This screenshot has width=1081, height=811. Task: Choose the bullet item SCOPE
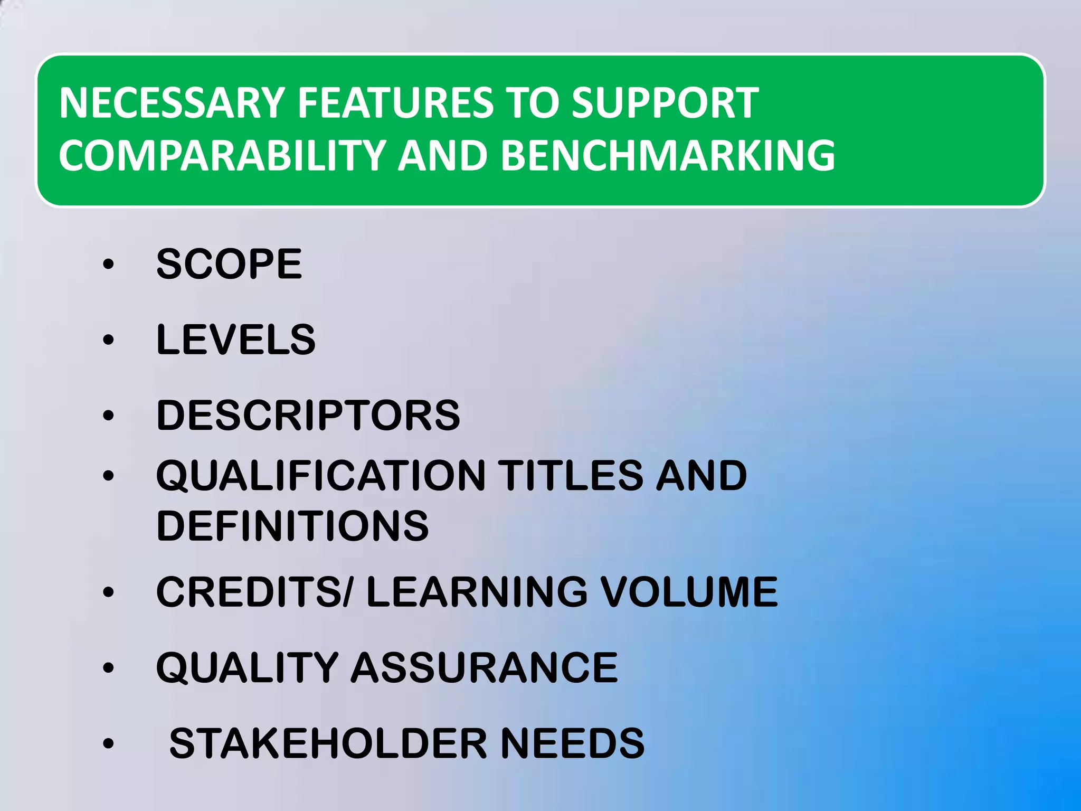pyautogui.click(x=229, y=264)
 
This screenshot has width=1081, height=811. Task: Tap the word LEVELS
pyautogui.click(x=236, y=339)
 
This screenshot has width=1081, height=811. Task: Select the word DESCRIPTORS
pyautogui.click(x=308, y=415)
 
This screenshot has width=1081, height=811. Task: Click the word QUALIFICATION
pyautogui.click(x=321, y=475)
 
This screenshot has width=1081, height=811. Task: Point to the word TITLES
pyautogui.click(x=571, y=475)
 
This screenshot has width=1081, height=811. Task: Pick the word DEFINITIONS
pyautogui.click(x=292, y=526)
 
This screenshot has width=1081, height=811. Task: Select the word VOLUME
pyautogui.click(x=689, y=592)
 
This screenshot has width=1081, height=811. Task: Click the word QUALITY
pyautogui.click(x=247, y=667)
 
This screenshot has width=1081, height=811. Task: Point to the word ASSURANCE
pyautogui.click(x=484, y=667)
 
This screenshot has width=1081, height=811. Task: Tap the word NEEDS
pyautogui.click(x=572, y=743)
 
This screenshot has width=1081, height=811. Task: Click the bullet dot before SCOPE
pyautogui.click(x=108, y=264)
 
